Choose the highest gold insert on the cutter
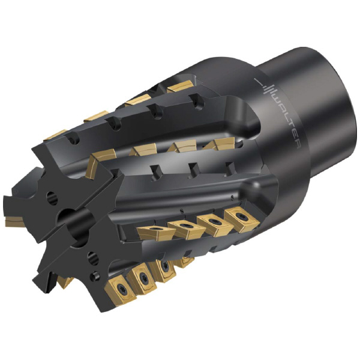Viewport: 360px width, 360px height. [178, 87]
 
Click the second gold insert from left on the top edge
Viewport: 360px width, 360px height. [97, 116]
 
